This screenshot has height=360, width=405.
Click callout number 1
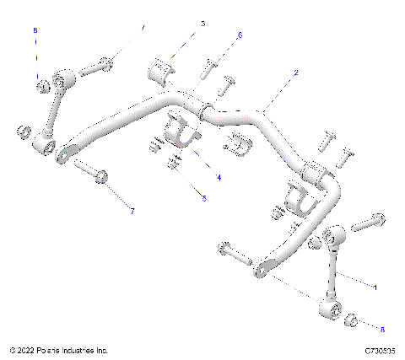pos(375,288)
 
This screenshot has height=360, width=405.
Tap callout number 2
pos(295,74)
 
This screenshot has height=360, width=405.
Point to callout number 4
pos(219,178)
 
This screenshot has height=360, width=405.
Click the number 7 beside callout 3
pos(143,28)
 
